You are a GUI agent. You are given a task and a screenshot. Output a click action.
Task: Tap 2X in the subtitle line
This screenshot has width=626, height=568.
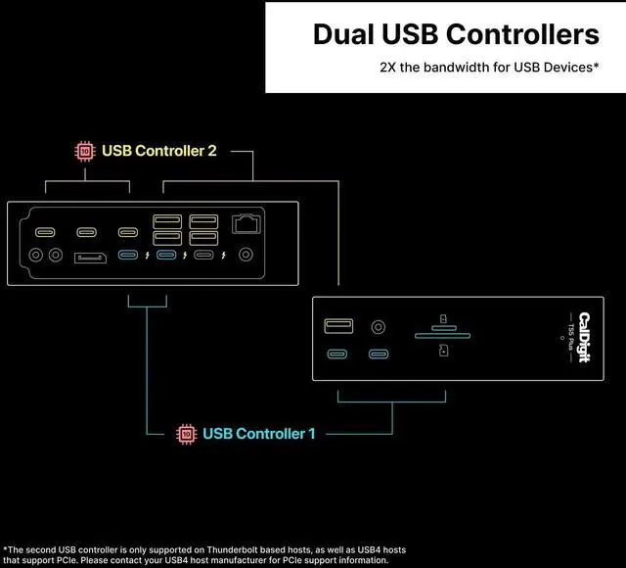click(389, 69)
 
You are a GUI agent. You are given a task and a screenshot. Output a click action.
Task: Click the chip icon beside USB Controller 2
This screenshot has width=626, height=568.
click(85, 151)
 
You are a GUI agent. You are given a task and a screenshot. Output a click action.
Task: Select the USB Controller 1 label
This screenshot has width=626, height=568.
click(258, 433)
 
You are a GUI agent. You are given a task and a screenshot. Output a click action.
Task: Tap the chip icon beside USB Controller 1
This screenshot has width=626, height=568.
click(185, 433)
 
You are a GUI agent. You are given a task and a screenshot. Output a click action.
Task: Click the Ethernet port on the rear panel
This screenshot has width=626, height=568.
click(246, 223)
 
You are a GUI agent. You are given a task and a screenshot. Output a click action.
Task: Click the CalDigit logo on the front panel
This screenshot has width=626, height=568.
click(584, 337)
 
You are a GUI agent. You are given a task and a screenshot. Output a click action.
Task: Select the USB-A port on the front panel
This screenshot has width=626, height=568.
click(339, 325)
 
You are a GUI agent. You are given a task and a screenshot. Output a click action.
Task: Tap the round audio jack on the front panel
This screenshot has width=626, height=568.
click(378, 326)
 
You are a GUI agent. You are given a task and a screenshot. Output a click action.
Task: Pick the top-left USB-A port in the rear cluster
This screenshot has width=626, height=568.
click(165, 221)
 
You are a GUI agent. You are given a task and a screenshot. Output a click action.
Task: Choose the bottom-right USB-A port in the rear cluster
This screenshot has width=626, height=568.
click(203, 238)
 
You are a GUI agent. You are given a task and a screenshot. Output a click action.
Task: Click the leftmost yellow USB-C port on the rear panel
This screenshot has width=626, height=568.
click(45, 233)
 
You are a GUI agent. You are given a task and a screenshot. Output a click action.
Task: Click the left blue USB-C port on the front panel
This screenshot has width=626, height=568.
click(337, 355)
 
